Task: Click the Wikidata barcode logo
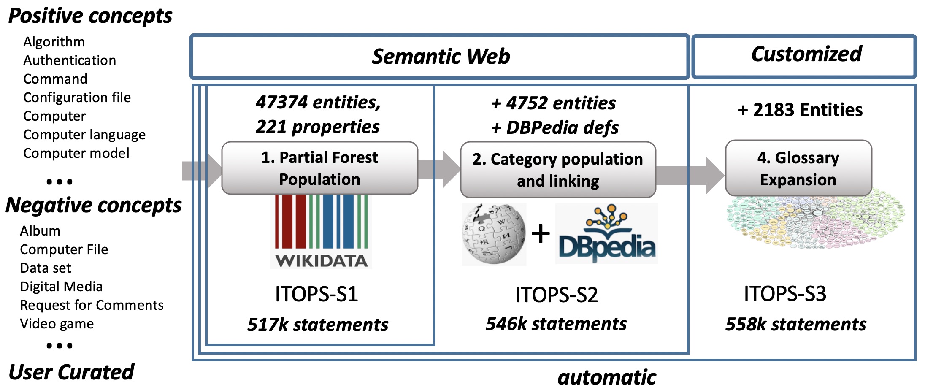click(x=321, y=231)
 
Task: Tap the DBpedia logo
click(x=606, y=234)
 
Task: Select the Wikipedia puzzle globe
click(x=494, y=234)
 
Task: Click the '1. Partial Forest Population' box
click(x=319, y=168)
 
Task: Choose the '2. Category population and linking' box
click(x=557, y=170)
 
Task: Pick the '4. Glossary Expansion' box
click(x=798, y=168)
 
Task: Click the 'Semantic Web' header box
click(x=440, y=57)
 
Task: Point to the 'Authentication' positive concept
click(x=70, y=60)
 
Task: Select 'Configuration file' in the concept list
click(x=77, y=97)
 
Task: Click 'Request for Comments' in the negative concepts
click(x=92, y=305)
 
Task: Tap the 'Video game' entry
click(x=57, y=324)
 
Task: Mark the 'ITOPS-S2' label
click(x=557, y=295)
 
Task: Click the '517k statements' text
click(x=317, y=325)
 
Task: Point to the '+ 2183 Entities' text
click(x=800, y=110)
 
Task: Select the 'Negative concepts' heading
click(x=93, y=206)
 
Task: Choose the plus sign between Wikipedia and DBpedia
click(x=541, y=234)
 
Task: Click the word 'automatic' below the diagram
click(x=606, y=377)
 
